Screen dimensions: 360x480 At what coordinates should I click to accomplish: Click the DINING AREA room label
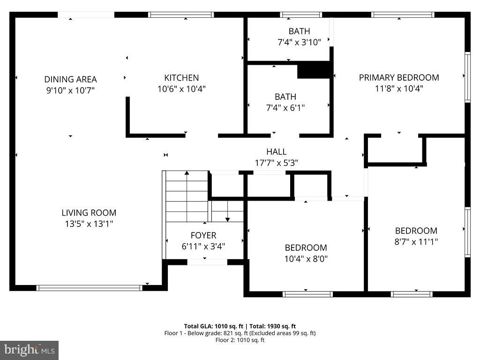[x=70, y=79]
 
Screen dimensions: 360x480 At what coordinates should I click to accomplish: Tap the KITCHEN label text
[x=181, y=78]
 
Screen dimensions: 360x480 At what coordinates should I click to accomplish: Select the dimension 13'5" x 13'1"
[x=89, y=224]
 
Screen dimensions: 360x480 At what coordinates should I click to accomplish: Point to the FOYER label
[x=203, y=235]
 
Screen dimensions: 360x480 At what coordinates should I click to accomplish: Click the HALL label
[x=276, y=152]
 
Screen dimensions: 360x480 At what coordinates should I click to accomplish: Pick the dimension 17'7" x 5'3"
[x=276, y=163]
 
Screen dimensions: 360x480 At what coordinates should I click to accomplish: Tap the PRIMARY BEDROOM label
[x=399, y=77]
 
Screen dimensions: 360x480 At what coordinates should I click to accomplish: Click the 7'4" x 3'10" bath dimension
[x=299, y=43]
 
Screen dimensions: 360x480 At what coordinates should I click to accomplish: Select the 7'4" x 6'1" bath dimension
[x=285, y=108]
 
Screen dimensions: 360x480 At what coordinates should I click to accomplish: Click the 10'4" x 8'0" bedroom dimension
[x=306, y=259]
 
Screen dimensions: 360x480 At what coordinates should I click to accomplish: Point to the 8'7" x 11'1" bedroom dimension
[x=416, y=242]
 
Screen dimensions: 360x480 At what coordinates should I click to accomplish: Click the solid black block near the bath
[x=315, y=70]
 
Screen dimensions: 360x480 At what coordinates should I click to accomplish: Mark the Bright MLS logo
[x=29, y=350]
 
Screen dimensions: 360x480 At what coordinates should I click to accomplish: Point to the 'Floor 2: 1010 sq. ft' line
[x=240, y=340]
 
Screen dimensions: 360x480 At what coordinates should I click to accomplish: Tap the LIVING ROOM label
[x=89, y=213]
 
